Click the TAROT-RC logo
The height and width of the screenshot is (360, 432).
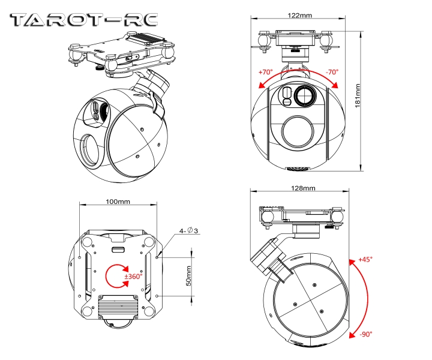[x=85, y=20]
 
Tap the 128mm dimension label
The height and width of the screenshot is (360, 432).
[x=303, y=188]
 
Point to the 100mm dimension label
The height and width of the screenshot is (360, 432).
[x=118, y=202]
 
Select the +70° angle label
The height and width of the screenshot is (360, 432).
[x=265, y=72]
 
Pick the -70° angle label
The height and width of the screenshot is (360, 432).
[x=332, y=72]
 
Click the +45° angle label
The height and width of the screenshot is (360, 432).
[x=365, y=259]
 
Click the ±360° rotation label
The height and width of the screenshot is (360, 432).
[x=132, y=277]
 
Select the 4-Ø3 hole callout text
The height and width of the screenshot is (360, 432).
[x=188, y=231]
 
